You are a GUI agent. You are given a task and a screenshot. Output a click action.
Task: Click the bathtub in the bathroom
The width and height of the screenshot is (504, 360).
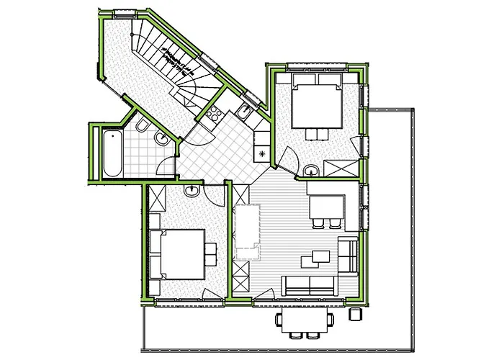pyautogui.click(x=112, y=152)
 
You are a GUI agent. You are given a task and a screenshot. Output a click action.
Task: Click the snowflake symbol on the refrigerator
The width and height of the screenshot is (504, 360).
pyautogui.click(x=262, y=153)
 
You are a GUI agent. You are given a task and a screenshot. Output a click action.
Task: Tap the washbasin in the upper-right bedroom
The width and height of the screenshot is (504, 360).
pyautogui.click(x=312, y=170)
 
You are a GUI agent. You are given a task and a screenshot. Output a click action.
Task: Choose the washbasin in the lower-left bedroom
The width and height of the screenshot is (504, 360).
pyautogui.click(x=192, y=192)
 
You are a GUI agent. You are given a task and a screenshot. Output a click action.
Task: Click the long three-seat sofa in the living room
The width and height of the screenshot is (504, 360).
pyautogui.click(x=310, y=286)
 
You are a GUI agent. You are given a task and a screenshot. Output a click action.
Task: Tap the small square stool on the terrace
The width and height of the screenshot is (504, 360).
pyautogui.click(x=355, y=315)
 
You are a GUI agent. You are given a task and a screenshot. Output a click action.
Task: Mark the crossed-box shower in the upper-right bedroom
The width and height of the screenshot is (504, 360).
pyautogui.click(x=341, y=166)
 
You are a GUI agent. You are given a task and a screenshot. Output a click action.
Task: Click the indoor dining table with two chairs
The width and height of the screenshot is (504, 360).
pyautogui.click(x=325, y=208)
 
